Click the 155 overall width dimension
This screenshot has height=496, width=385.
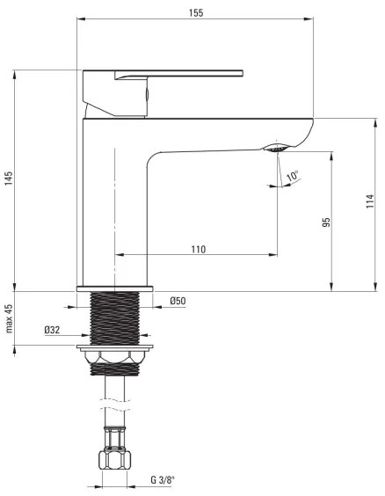coord(196,11)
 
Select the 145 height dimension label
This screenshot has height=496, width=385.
coord(9,179)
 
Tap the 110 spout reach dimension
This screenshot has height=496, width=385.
coord(198,249)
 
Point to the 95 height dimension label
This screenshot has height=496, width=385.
coord(326,222)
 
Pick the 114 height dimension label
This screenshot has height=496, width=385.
coord(370,202)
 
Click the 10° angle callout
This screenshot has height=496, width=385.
coord(292,177)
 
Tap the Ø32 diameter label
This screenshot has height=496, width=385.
coord(53,331)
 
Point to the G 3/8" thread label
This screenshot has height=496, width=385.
coord(163,479)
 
